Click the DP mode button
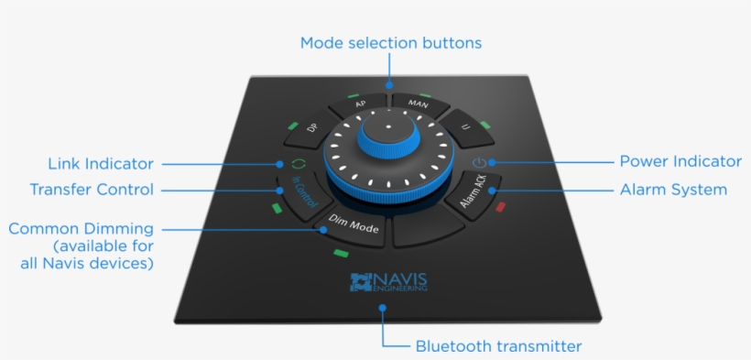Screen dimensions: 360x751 coord(313,129)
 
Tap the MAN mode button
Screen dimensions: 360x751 coord(418,104)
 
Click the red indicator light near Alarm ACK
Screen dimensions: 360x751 coord(500,208)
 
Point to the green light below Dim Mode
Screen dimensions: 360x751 coord(341,253)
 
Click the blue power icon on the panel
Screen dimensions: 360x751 coord(478,163)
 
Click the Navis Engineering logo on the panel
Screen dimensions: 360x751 coord(388,282)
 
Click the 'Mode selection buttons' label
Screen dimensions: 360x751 coord(390,43)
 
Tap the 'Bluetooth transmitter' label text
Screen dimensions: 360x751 coord(498,345)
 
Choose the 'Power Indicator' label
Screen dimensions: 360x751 coord(680,162)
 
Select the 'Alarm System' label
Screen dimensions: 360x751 coord(672,190)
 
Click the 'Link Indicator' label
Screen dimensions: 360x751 coord(101,164)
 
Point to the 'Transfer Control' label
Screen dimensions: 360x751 coord(92,190)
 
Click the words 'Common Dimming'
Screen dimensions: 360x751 coord(81,229)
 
